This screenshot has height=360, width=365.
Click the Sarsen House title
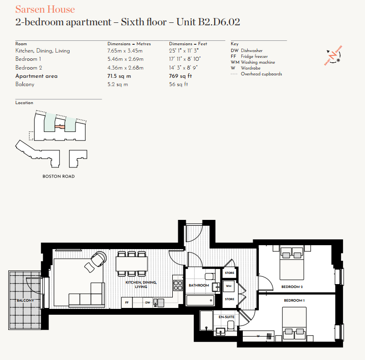(x=45, y=9)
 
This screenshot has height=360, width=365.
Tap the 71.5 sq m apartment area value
(x=119, y=76)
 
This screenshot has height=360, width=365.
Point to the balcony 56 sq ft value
(x=178, y=85)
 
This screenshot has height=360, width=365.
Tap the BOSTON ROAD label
(x=58, y=176)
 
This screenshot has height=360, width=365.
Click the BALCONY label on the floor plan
(x=25, y=300)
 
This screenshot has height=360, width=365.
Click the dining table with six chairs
(x=131, y=263)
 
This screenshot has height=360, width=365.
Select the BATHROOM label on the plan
(x=199, y=286)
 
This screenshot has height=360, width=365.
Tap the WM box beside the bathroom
(x=229, y=286)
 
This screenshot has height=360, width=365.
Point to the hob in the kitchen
(x=178, y=285)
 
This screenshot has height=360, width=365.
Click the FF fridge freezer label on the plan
(x=127, y=303)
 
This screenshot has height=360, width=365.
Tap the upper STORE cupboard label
(x=229, y=273)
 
